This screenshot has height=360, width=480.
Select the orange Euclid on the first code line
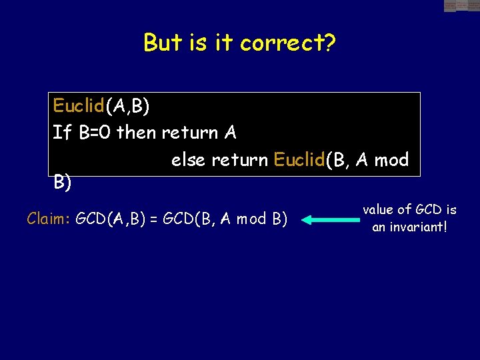[x=79, y=106]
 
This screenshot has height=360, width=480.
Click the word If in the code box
[x=62, y=133]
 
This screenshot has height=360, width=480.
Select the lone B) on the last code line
[x=63, y=183]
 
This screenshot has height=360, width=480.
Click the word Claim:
[x=49, y=219]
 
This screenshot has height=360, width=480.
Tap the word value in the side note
[x=378, y=210]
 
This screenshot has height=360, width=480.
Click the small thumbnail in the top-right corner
[x=461, y=6]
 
